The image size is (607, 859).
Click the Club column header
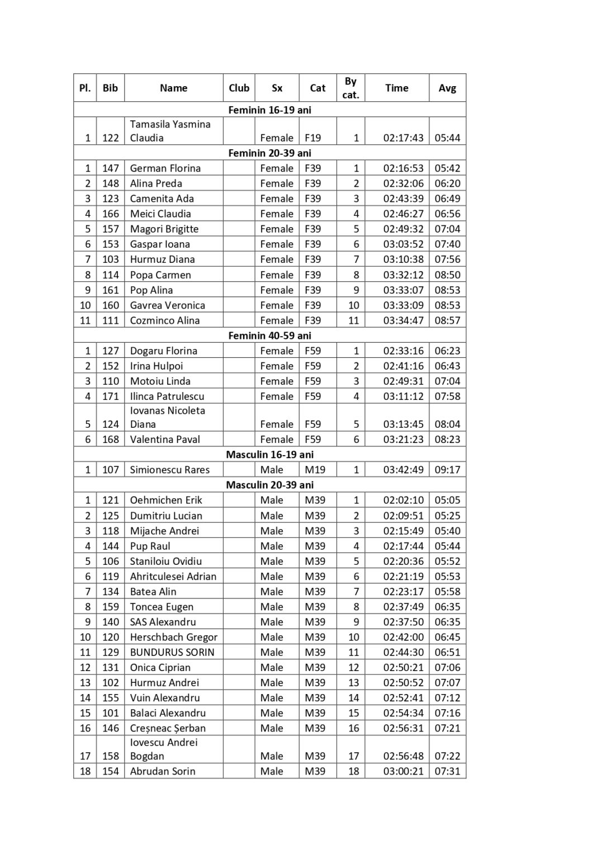point(239,88)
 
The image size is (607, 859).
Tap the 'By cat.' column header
point(350,88)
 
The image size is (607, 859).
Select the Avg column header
point(447,88)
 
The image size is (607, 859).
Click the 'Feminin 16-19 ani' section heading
point(269,110)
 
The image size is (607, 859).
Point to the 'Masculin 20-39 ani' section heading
point(269,485)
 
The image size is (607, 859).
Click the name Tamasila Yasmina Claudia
point(170,131)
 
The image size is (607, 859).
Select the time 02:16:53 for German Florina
point(403,168)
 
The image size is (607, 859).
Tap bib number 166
point(111,214)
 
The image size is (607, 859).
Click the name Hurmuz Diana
point(162,259)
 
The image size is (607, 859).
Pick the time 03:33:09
point(403,305)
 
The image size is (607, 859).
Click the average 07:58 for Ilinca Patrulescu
point(447,397)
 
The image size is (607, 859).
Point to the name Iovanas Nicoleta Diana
point(167,417)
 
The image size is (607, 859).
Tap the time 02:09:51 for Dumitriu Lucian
point(403,516)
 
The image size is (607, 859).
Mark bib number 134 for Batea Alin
point(111,592)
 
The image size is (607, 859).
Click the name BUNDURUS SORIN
point(172,652)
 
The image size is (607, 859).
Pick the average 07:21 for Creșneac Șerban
point(447,728)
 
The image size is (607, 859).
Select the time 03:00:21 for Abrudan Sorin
point(403,771)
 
